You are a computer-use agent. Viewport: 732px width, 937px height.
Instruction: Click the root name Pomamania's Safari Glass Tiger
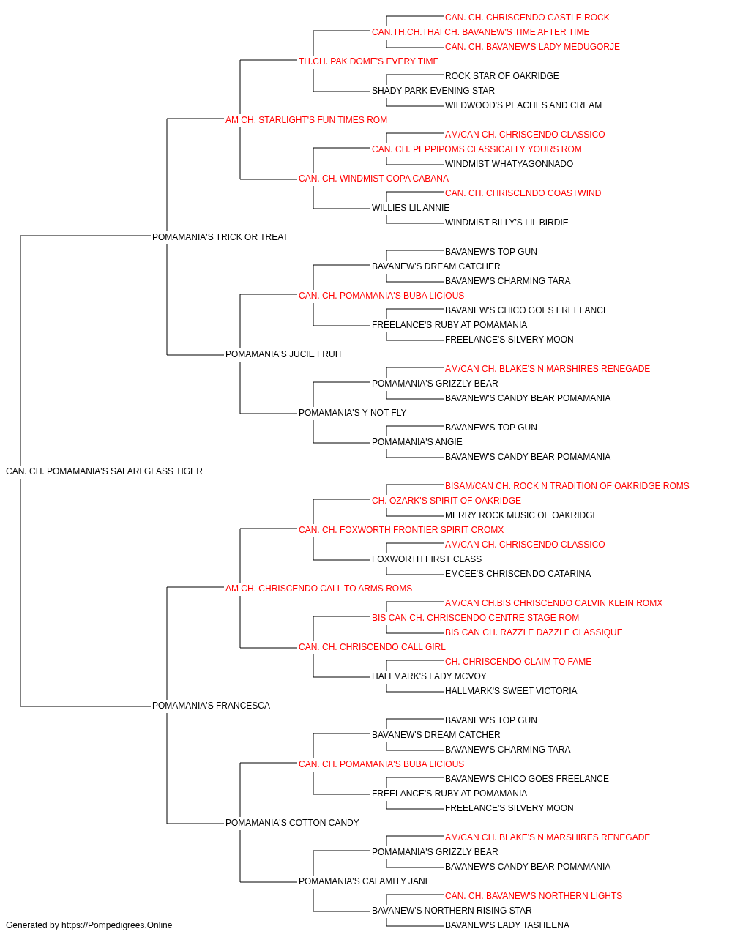[x=104, y=471]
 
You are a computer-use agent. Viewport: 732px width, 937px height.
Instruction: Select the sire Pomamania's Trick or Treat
[x=220, y=237]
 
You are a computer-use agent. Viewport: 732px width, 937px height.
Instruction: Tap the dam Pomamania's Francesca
[x=212, y=706]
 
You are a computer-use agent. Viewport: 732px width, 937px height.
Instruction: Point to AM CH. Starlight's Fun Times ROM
[x=306, y=120]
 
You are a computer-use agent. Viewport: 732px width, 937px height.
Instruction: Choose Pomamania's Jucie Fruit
[x=284, y=354]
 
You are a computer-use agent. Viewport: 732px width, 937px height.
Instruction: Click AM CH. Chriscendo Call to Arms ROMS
[x=318, y=588]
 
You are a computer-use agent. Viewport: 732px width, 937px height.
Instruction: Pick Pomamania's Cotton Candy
[x=292, y=822]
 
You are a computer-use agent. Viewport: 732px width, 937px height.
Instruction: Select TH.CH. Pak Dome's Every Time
[x=369, y=61]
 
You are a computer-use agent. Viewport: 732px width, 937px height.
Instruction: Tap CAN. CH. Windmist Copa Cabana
[x=374, y=179]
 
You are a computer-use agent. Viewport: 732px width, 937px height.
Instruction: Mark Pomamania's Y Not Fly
[x=353, y=413]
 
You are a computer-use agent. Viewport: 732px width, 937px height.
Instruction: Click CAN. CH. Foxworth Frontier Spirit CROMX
[x=401, y=529]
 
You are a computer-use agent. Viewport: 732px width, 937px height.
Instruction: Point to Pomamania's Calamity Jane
[x=365, y=881]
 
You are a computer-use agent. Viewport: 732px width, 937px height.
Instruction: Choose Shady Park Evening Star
[x=433, y=91]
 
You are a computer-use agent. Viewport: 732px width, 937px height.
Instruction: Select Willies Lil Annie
[x=411, y=208]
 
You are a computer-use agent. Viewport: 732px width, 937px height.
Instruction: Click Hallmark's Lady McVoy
[x=430, y=676]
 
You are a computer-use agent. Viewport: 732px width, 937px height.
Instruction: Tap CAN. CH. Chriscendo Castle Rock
[x=527, y=18]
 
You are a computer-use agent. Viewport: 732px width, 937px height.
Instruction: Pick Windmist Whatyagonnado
[x=509, y=164]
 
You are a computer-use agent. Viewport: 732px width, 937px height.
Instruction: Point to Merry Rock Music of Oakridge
[x=522, y=515]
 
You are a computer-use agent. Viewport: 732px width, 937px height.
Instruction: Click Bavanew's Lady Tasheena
[x=507, y=925]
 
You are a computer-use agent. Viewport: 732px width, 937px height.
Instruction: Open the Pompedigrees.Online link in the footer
[x=117, y=925]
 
